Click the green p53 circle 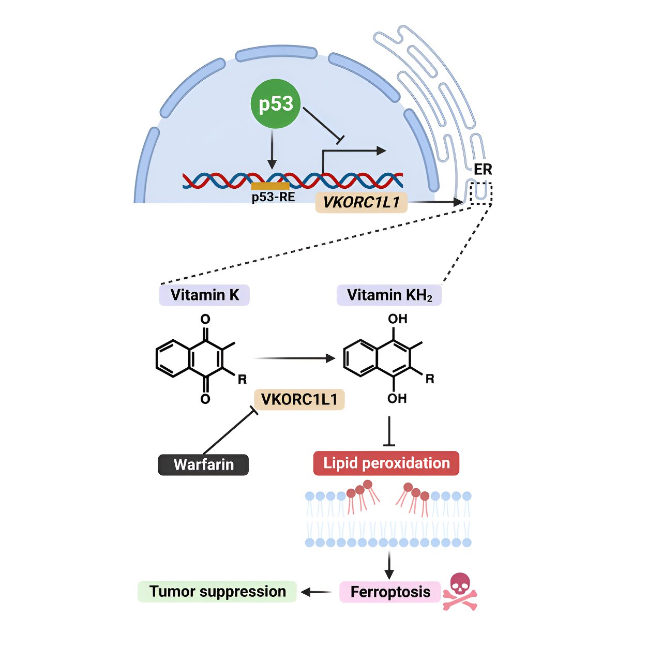click(275, 104)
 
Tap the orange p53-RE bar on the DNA click(270, 186)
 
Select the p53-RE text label click(273, 197)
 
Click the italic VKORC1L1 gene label click(361, 202)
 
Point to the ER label click(483, 170)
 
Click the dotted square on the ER click(480, 193)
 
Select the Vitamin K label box click(204, 295)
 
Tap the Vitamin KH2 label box click(389, 295)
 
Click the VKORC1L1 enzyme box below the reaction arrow click(299, 400)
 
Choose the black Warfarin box click(203, 464)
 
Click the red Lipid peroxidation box click(386, 463)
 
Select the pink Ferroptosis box click(390, 592)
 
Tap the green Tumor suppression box click(217, 592)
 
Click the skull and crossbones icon click(459, 592)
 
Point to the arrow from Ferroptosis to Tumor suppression click(317, 592)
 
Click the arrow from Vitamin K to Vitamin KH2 click(294, 358)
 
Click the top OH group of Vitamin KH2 click(397, 319)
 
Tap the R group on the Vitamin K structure click(242, 380)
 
